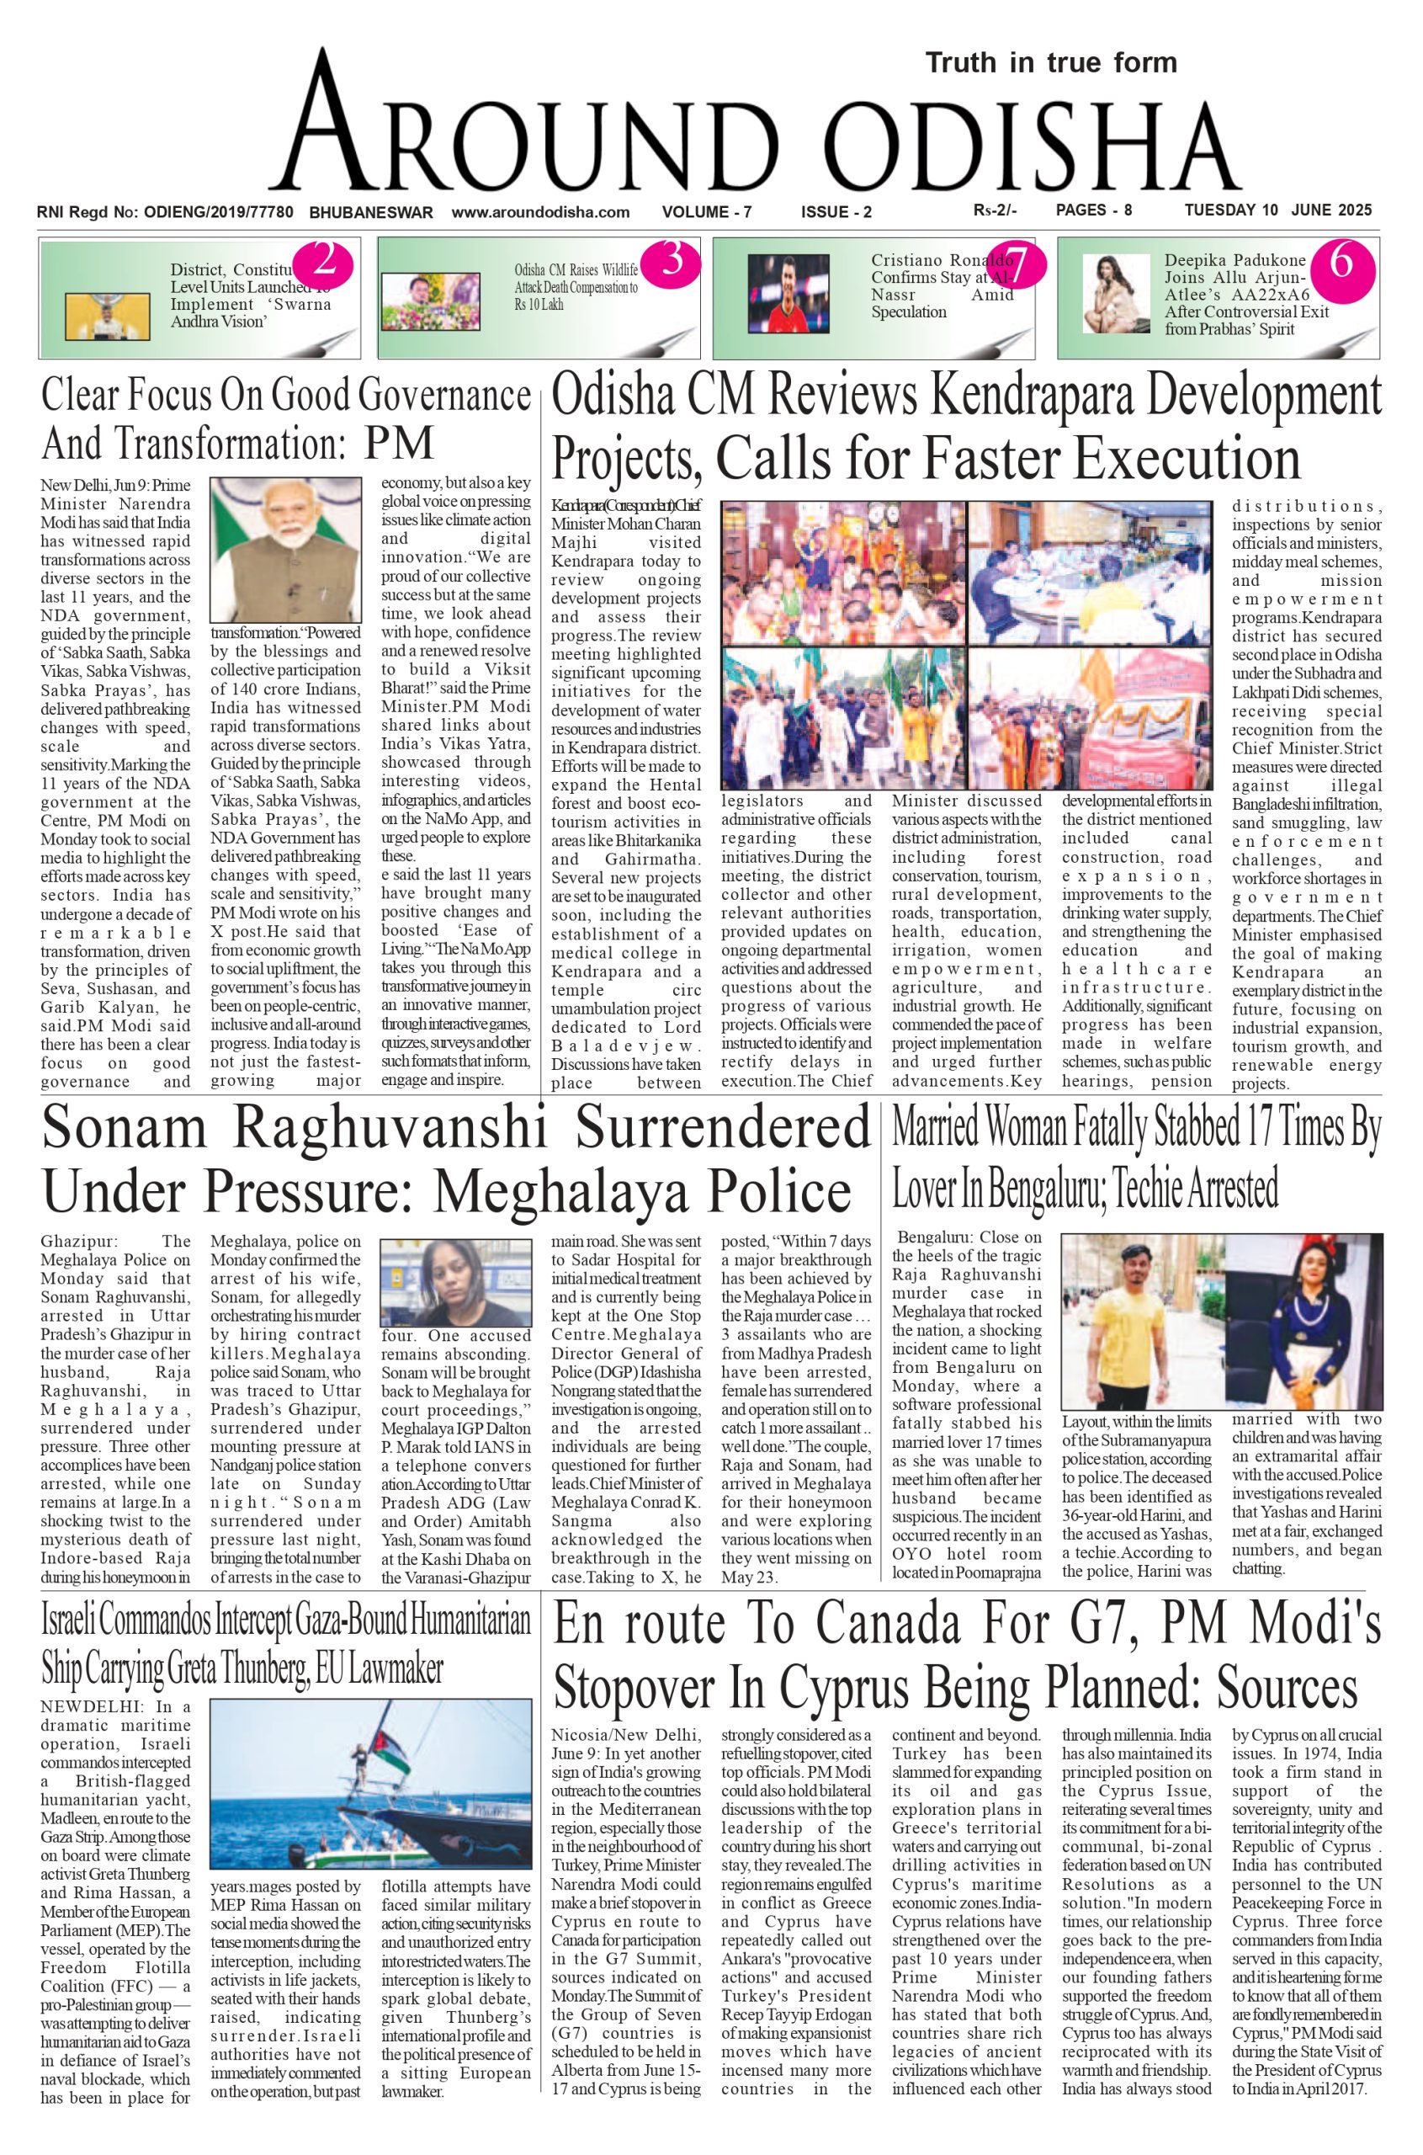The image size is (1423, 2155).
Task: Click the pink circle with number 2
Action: (x=323, y=263)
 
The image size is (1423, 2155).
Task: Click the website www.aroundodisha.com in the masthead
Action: (x=540, y=212)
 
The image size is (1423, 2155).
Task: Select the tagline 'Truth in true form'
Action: (x=1051, y=63)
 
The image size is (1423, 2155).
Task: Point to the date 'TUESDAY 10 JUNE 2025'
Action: (x=1277, y=210)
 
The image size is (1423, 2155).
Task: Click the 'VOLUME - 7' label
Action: (x=707, y=212)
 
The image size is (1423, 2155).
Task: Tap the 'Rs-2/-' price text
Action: (x=994, y=210)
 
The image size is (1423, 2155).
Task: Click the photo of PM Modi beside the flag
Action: (x=285, y=549)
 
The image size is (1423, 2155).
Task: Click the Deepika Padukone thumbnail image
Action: (x=1115, y=293)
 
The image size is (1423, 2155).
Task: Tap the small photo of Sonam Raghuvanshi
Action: (x=454, y=1282)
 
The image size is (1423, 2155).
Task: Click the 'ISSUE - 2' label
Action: (x=836, y=212)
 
